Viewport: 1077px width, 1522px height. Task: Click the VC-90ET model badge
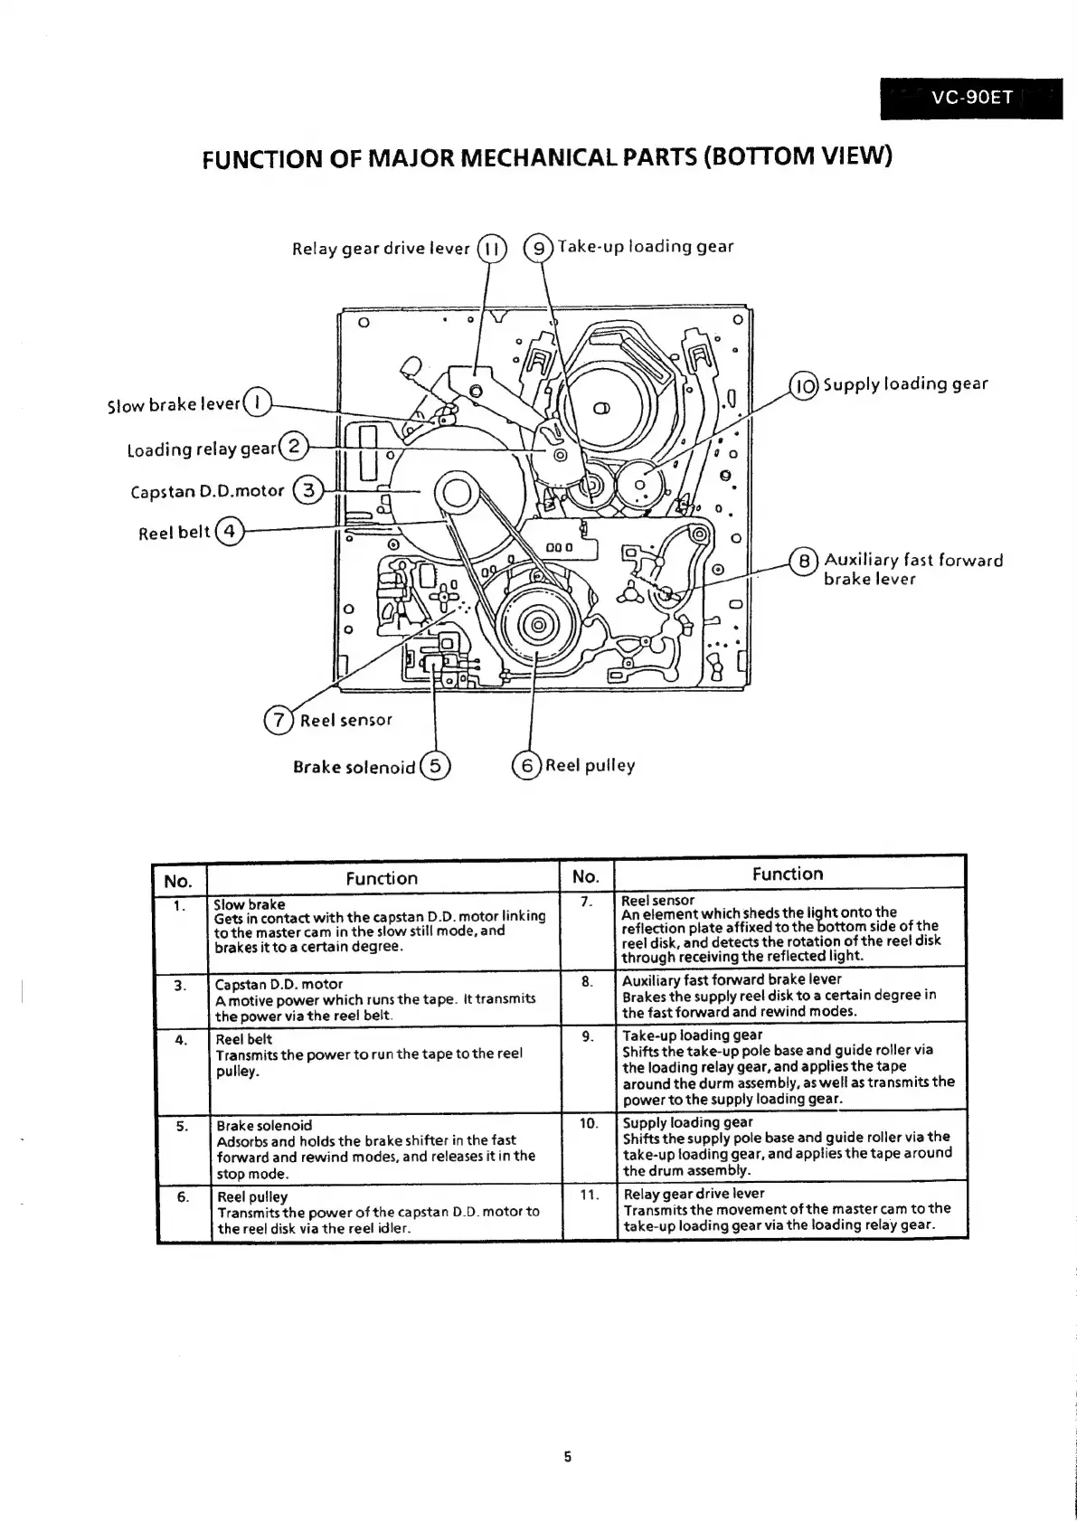coord(971,97)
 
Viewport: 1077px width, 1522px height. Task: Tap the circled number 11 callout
coord(489,249)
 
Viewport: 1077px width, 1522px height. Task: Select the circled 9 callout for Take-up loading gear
coord(540,248)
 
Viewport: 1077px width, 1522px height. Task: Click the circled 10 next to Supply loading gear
coord(804,386)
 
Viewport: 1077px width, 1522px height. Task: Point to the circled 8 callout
coord(803,561)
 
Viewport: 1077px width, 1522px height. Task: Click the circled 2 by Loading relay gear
coord(294,447)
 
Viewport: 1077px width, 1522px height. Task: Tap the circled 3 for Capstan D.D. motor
coord(309,491)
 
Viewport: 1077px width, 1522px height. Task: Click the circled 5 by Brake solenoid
coord(436,767)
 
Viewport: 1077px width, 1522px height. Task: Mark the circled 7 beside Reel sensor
coord(279,720)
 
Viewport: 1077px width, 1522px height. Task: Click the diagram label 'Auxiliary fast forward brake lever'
coord(913,570)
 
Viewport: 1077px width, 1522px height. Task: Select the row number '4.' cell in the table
coord(181,1040)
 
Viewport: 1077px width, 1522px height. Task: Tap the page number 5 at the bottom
coord(567,1456)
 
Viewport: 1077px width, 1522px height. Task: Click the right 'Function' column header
coord(788,874)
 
